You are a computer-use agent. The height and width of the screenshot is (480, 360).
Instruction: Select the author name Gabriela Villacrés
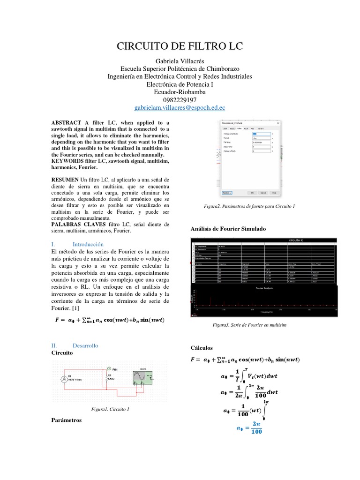[180, 61]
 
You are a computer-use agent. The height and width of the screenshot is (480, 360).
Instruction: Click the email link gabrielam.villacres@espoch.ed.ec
[180, 107]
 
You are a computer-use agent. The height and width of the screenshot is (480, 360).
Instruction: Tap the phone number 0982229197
[180, 100]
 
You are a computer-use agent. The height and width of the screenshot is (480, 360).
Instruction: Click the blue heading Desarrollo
[85, 345]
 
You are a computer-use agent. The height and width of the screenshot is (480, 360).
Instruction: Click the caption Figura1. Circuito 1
[110, 409]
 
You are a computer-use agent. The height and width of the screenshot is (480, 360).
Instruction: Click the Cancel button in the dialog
[263, 192]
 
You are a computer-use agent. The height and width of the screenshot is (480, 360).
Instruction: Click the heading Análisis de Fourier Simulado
[228, 228]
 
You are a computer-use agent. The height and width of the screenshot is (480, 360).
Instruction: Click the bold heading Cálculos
[202, 348]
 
